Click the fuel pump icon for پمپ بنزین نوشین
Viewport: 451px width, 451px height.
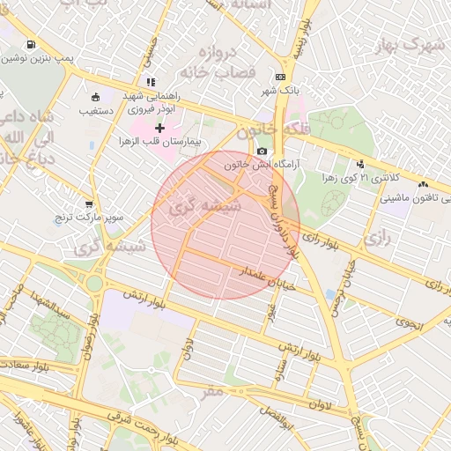click(32, 45)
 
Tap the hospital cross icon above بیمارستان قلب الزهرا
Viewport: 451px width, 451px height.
click(159, 129)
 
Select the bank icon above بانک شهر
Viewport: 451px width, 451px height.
click(280, 78)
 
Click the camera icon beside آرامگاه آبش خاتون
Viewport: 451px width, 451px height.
click(262, 152)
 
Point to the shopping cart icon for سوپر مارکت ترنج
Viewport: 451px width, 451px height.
click(88, 204)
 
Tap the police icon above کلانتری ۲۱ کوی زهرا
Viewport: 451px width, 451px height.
click(360, 164)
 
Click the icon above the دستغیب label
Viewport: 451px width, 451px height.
click(95, 97)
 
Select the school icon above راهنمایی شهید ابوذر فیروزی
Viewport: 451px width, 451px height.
click(152, 82)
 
